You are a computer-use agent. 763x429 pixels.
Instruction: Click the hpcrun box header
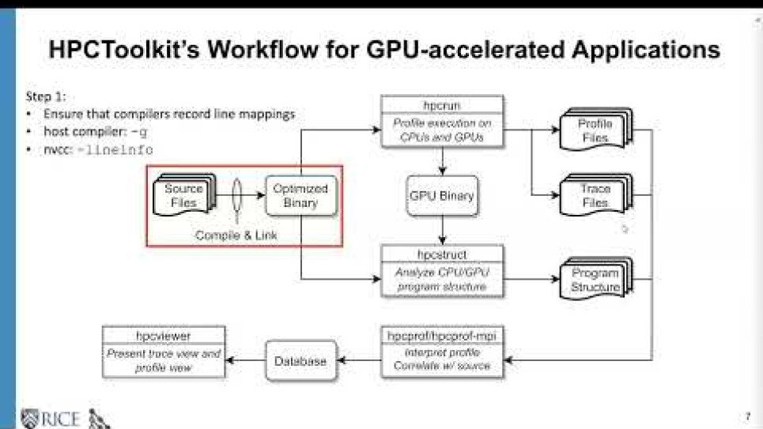(442, 105)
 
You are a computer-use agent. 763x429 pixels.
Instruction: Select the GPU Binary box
(442, 196)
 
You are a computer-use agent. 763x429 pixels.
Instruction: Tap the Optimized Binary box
(300, 196)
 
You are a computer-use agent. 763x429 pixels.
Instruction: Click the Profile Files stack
(595, 130)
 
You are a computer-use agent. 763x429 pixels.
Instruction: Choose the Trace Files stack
(595, 196)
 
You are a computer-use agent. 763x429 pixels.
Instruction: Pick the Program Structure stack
(595, 280)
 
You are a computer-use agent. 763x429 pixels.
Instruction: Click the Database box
(300, 361)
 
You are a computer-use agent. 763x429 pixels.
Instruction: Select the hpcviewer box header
(164, 335)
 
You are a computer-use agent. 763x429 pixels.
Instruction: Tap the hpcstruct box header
(442, 254)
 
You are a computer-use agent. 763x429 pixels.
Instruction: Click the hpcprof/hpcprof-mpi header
(442, 335)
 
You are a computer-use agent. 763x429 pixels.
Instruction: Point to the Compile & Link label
(237, 235)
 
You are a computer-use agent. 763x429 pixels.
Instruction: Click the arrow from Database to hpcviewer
(245, 361)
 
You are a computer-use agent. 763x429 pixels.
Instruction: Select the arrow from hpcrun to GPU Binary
(442, 161)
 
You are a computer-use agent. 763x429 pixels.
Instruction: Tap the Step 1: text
(47, 96)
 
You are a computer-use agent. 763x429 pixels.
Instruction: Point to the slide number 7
(747, 416)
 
